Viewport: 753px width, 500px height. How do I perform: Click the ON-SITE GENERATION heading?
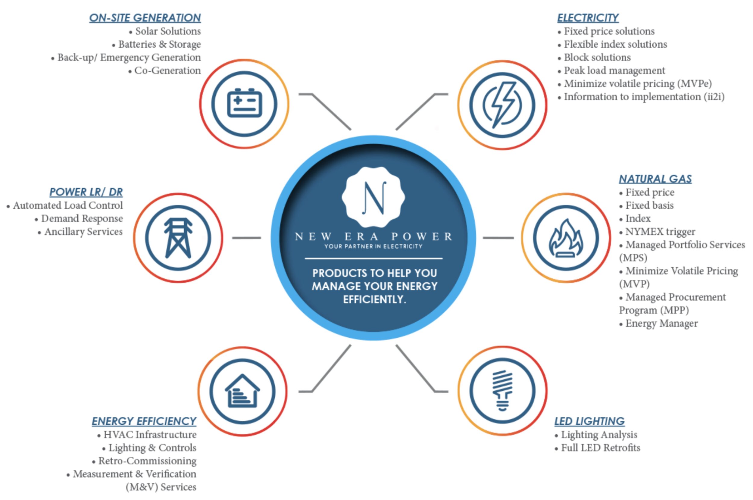145,18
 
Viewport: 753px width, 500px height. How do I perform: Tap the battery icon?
245,104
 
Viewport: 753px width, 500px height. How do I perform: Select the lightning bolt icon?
502,105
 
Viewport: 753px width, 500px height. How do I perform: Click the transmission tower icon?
178,238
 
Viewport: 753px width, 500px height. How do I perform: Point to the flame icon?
566,238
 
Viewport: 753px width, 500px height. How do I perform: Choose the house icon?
242,391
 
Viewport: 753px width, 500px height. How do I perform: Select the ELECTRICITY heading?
588,18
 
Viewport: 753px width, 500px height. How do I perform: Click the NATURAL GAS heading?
655,179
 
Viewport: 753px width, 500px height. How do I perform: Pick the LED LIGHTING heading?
589,421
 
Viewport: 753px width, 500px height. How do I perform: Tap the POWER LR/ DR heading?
86,192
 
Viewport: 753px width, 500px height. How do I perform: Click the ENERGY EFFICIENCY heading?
144,421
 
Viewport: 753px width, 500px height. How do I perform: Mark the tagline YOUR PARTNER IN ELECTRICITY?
373,246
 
